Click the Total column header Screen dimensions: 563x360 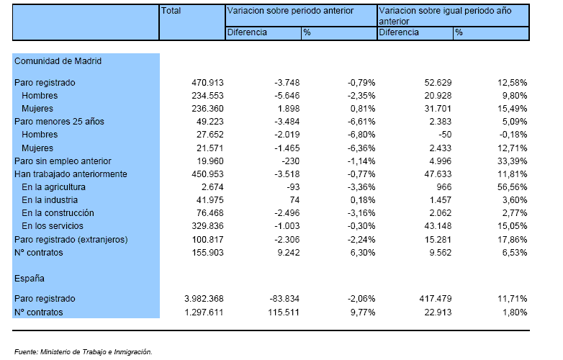point(171,11)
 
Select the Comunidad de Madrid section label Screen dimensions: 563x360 point(58,61)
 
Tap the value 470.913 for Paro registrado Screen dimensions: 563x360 point(207,83)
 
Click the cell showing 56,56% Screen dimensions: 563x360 point(513,187)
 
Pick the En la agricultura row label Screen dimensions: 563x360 point(53,187)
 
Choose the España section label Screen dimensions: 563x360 point(30,279)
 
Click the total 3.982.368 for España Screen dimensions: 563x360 point(204,299)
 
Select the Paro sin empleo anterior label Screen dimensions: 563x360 point(63,161)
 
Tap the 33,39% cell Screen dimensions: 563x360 point(513,161)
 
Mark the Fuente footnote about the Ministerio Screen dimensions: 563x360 point(84,352)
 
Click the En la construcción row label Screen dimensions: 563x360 point(58,213)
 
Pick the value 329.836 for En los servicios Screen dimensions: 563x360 point(207,226)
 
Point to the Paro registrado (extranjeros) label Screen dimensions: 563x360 point(71,240)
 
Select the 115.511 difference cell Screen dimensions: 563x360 point(284,312)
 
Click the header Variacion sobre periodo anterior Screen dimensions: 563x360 point(290,11)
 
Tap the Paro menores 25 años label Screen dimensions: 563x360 point(59,122)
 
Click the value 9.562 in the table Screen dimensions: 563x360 point(438,253)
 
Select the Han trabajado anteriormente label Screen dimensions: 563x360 point(71,174)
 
